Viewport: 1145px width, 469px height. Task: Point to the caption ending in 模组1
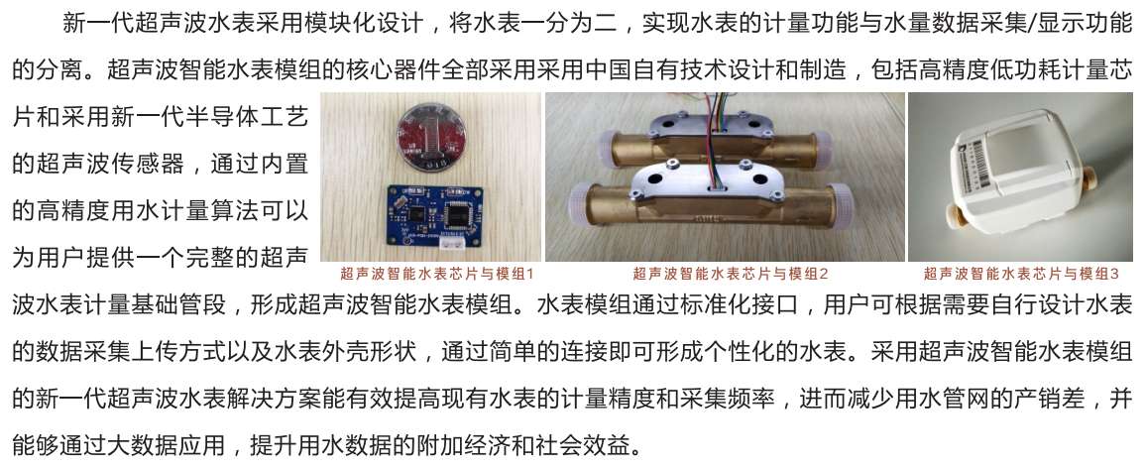[437, 274]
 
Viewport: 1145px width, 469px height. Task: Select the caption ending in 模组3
[1021, 274]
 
